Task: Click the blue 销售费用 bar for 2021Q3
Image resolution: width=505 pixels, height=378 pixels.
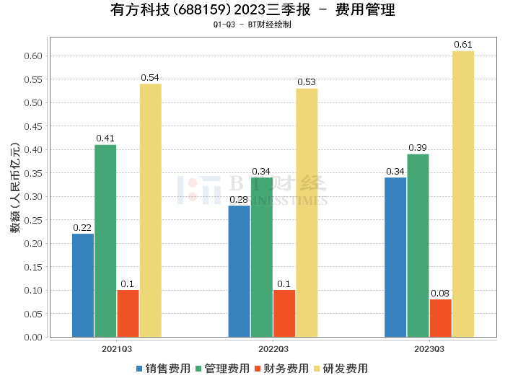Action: tap(83, 285)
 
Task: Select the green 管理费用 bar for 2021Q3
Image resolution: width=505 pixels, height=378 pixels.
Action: tap(105, 241)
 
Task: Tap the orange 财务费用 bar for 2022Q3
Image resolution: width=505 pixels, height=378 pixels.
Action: tap(284, 313)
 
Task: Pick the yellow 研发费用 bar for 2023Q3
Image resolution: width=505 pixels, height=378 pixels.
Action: tap(463, 194)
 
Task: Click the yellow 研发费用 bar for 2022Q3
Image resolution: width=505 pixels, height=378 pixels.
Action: tap(307, 213)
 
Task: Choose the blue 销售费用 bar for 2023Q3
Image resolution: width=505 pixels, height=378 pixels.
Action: tap(395, 257)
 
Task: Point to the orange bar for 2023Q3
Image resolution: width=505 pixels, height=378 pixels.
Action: tap(440, 318)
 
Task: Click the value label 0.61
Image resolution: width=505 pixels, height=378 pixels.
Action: tap(463, 45)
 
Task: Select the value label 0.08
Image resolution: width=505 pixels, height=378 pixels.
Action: tap(440, 294)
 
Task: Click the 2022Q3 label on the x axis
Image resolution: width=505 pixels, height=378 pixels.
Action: tap(273, 348)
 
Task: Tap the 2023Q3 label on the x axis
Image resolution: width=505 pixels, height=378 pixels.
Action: tap(429, 348)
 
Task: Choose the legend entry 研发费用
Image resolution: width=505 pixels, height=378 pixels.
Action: tap(342, 369)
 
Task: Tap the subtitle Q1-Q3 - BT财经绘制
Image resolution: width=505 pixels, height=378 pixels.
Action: tap(252, 25)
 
